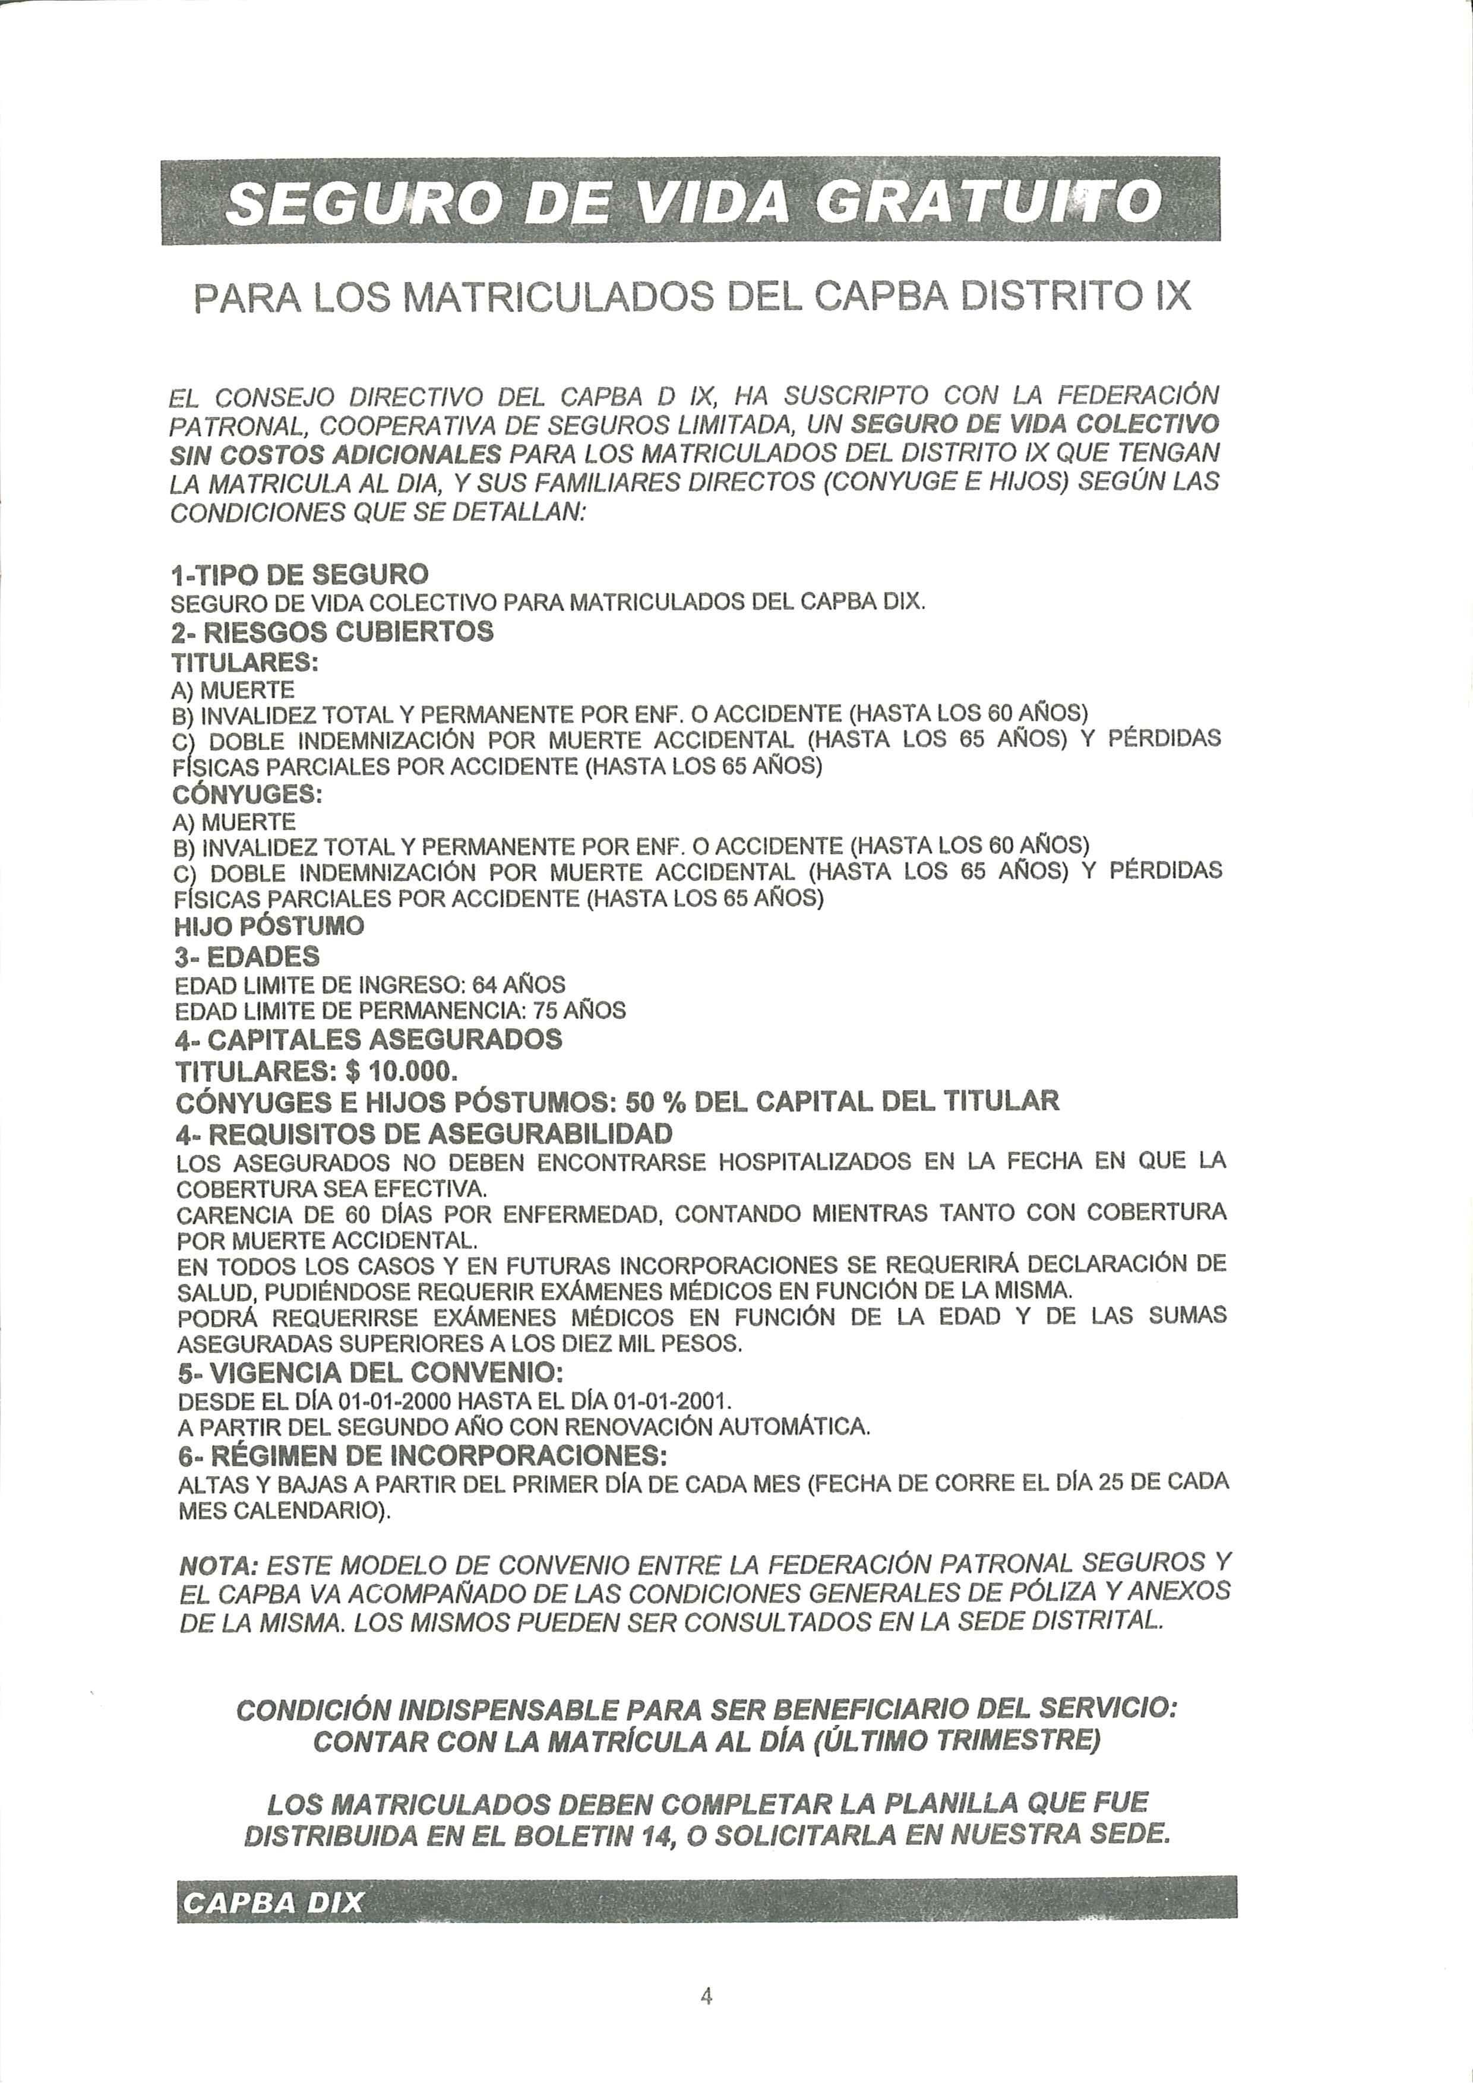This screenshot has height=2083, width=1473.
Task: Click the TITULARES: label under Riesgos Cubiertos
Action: coord(245,662)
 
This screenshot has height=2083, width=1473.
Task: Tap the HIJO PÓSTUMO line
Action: coord(268,926)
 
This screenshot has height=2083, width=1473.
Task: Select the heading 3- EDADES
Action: coord(247,956)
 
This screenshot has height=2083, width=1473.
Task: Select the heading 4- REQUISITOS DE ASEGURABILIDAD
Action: coord(425,1134)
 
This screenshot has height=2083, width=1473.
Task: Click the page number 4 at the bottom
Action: coord(706,1997)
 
